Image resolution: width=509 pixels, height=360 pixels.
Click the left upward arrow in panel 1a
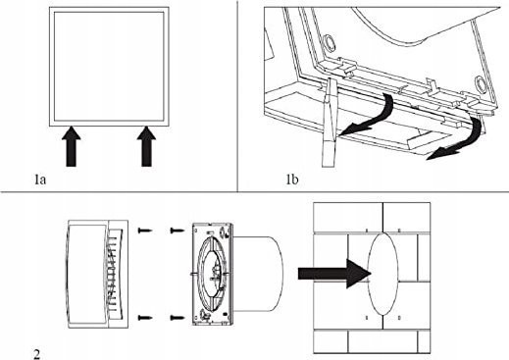pyautogui.click(x=71, y=146)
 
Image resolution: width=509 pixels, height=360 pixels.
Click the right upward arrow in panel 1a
pyautogui.click(x=146, y=146)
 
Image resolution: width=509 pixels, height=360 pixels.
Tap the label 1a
pyautogui.click(x=40, y=180)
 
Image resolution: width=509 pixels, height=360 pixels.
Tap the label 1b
pyautogui.click(x=292, y=180)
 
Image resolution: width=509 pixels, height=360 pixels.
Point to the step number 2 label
pyautogui.click(x=37, y=354)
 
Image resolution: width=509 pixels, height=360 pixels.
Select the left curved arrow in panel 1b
pyautogui.click(x=370, y=116)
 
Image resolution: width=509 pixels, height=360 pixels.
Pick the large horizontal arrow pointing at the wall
pyautogui.click(x=334, y=274)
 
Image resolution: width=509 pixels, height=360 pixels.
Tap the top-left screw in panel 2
pyautogui.click(x=145, y=231)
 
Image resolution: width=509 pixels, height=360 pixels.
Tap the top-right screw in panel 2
pyautogui.click(x=178, y=231)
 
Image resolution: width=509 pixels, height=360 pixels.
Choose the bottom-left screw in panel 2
pyautogui.click(x=145, y=317)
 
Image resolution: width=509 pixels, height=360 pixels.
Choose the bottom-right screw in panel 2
pyautogui.click(x=178, y=317)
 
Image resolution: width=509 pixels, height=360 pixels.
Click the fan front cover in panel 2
pyautogui.click(x=97, y=274)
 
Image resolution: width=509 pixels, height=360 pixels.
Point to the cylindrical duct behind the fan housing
pyautogui.click(x=258, y=274)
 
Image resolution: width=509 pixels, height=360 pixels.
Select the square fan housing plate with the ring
pyautogui.click(x=213, y=274)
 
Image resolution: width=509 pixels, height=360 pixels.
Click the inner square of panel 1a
pyautogui.click(x=109, y=67)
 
